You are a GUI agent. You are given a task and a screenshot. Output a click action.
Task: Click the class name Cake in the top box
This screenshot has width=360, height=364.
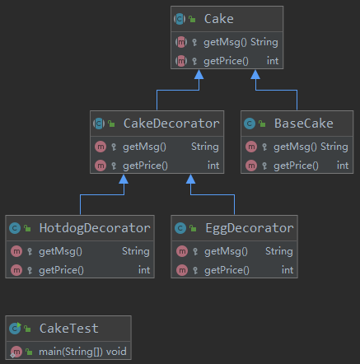coord(219,19)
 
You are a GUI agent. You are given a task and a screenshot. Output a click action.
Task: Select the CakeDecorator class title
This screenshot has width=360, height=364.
coord(171,124)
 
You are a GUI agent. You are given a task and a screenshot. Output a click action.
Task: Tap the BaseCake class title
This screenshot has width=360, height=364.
coord(304,124)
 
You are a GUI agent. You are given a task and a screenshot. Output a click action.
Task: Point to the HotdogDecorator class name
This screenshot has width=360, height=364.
coord(95,228)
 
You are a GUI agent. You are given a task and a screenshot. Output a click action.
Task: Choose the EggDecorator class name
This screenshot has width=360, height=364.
coord(250,228)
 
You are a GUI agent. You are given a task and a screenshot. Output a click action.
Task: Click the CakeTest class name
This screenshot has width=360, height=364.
coord(69,329)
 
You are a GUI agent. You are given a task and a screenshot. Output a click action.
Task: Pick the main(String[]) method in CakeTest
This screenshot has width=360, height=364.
coord(71,352)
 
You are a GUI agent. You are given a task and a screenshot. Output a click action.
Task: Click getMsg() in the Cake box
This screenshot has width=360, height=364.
coord(225,43)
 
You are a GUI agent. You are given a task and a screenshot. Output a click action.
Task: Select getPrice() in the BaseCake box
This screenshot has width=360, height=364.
coord(296,166)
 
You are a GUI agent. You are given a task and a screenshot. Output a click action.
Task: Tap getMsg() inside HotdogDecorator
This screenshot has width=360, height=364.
coord(60,252)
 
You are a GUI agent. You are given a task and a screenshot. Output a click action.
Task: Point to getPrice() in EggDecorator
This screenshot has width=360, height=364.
coord(227,271)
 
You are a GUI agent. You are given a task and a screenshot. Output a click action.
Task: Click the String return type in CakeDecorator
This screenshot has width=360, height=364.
coord(205,147)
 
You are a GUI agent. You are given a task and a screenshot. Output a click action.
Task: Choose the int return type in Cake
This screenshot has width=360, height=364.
coord(273,61)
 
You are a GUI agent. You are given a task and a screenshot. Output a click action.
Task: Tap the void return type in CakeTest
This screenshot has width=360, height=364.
coord(116,352)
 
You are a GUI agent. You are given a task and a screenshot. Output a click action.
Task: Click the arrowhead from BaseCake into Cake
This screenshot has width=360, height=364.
coord(255,74)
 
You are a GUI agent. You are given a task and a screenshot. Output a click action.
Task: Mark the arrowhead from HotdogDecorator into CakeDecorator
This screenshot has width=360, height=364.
coord(124,180)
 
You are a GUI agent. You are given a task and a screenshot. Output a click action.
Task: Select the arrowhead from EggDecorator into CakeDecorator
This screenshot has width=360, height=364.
coord(190,180)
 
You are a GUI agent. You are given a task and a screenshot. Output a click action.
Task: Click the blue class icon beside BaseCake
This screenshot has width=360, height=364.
coord(250,124)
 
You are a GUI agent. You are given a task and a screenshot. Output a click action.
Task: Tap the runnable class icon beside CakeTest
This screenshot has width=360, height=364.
coord(15,329)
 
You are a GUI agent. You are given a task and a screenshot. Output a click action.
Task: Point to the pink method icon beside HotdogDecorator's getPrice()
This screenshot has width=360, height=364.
coord(16,270)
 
